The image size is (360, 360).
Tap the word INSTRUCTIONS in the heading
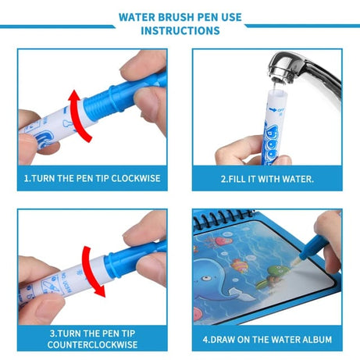180,30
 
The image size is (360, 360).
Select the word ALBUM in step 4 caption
314,340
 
